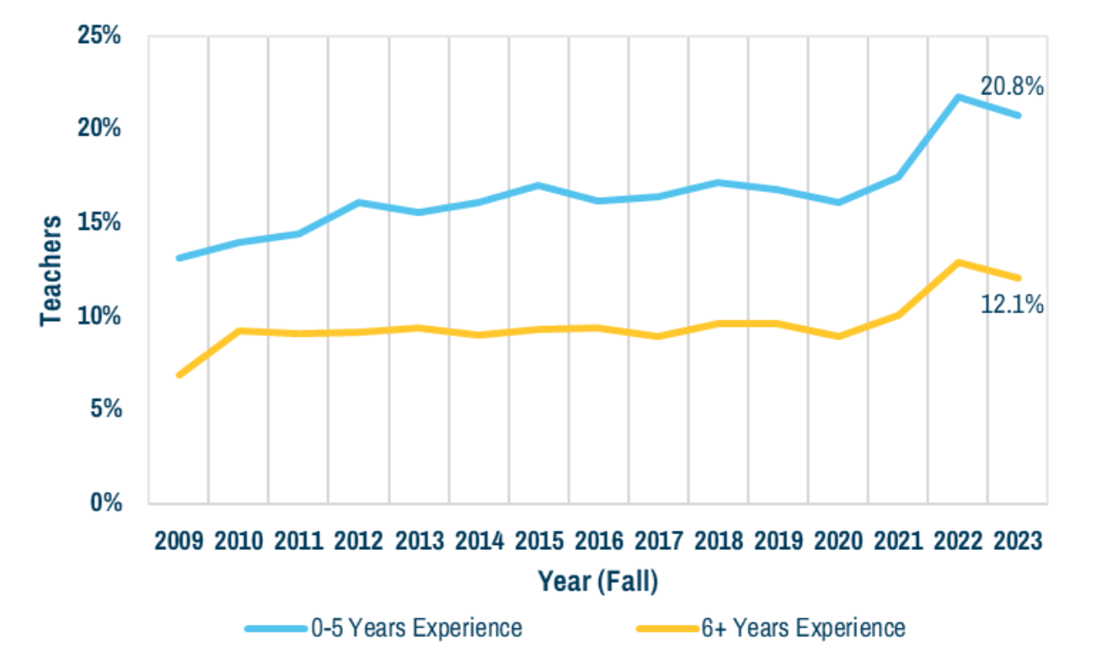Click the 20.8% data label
coord(1012,86)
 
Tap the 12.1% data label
coord(1012,304)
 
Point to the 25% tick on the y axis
coord(99,36)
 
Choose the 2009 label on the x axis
coord(179,540)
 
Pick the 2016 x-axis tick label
coord(597,540)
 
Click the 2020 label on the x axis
coord(837,540)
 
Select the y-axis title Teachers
coord(51,270)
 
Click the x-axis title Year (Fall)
coord(597,581)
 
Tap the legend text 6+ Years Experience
coord(802,628)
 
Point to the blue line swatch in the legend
coord(275,628)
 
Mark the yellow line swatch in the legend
coord(666,628)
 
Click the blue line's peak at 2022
coord(957,97)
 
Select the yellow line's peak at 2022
coord(957,262)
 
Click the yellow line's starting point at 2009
coord(179,375)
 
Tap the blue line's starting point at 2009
coord(179,258)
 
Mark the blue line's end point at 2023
coord(1018,115)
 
